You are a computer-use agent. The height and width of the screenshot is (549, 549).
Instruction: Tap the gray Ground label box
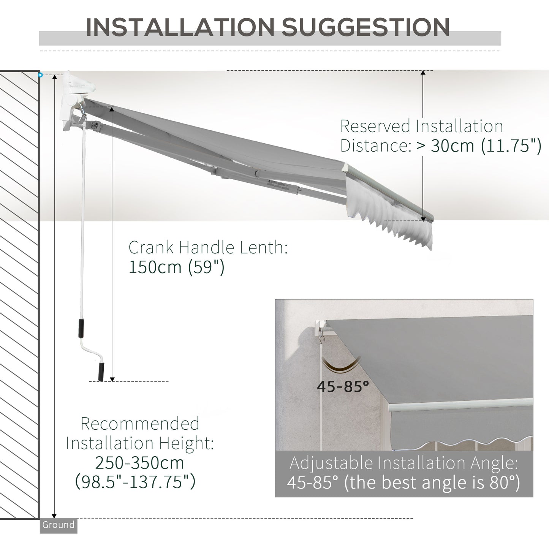[x=59, y=525]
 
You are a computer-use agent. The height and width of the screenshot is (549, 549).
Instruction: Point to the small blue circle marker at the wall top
[x=40, y=75]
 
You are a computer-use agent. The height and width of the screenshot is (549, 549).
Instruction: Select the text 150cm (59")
[x=177, y=267]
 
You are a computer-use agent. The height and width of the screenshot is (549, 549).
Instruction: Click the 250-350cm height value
[x=139, y=463]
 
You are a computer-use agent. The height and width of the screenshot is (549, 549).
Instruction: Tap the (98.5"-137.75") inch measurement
[x=135, y=482]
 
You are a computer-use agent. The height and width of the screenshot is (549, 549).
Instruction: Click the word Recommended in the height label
[x=140, y=424]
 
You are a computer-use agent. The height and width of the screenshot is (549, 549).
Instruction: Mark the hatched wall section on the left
[x=19, y=294]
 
